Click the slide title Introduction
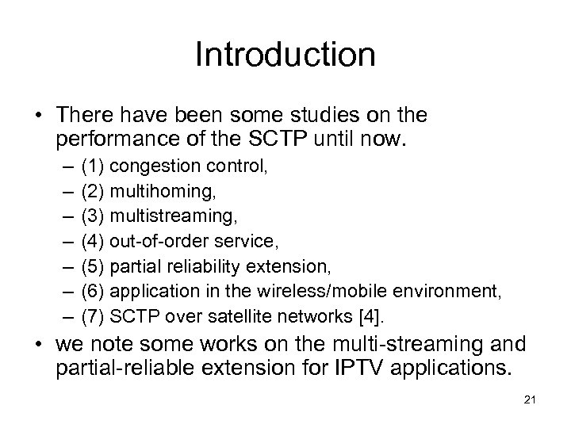285,55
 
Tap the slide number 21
531,399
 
